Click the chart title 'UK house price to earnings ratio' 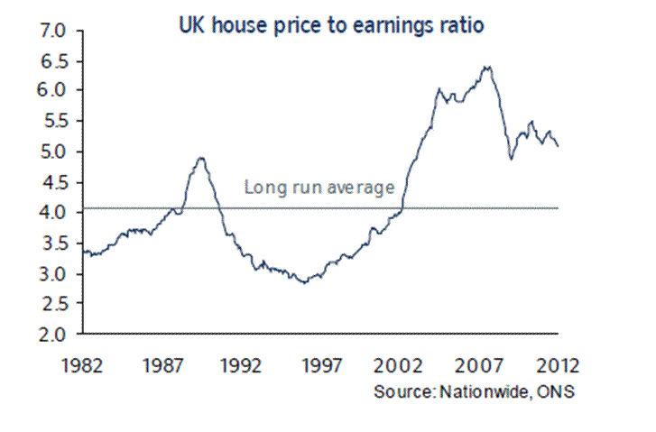click(x=331, y=26)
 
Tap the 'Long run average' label click(x=319, y=188)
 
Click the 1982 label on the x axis click(x=83, y=366)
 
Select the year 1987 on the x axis click(x=163, y=366)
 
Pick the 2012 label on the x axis click(x=556, y=366)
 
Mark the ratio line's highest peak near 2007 click(x=487, y=67)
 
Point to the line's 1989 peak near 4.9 click(x=201, y=158)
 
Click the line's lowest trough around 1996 click(x=305, y=282)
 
